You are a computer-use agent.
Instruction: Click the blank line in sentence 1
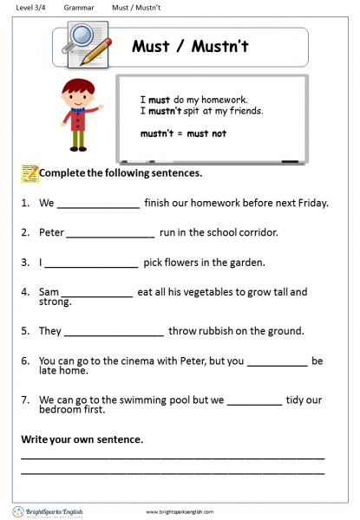pyautogui.click(x=98, y=206)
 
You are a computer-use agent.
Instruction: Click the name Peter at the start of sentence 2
pyautogui.click(x=51, y=232)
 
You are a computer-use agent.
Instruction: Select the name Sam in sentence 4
pyautogui.click(x=49, y=292)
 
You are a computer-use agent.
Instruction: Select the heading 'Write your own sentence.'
pyautogui.click(x=82, y=439)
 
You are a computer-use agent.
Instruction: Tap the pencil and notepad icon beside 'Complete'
pyautogui.click(x=29, y=173)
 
